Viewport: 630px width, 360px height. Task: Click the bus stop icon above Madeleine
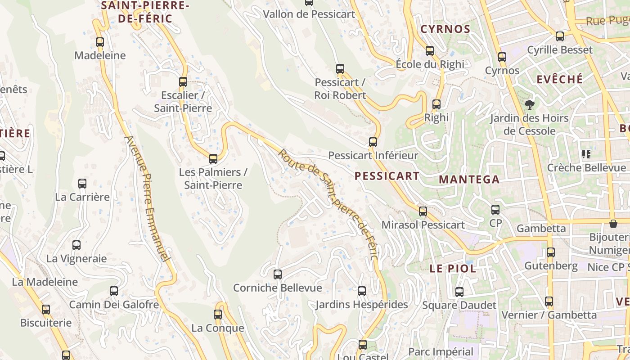[x=100, y=42]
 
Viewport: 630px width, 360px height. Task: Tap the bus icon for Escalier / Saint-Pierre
[x=183, y=82]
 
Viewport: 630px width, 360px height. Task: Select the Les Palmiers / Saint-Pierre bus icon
[x=213, y=159]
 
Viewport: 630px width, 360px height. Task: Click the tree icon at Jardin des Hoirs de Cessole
[x=530, y=105]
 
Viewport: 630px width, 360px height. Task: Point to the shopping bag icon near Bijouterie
[x=613, y=224]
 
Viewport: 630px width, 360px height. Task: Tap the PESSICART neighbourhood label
[x=387, y=176]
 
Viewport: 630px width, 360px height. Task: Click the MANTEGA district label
[x=469, y=180]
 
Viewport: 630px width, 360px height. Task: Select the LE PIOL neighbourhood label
[x=453, y=269]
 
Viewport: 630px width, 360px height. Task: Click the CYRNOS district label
[x=445, y=29]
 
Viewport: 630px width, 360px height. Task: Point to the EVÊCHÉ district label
[x=560, y=79]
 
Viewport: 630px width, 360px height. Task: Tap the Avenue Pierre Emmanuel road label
[x=148, y=198]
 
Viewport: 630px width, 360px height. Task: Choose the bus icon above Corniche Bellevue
[x=278, y=274]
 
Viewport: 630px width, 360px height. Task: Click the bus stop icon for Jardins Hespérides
[x=362, y=291]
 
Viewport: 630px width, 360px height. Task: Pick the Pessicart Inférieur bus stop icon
[x=373, y=142]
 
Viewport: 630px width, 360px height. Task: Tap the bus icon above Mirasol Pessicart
[x=423, y=211]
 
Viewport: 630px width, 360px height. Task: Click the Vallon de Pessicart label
[x=309, y=14]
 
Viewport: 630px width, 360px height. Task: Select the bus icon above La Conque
[x=218, y=315]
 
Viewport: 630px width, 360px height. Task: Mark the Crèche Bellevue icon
[x=586, y=155]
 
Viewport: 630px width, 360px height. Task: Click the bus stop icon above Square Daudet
[x=459, y=292]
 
